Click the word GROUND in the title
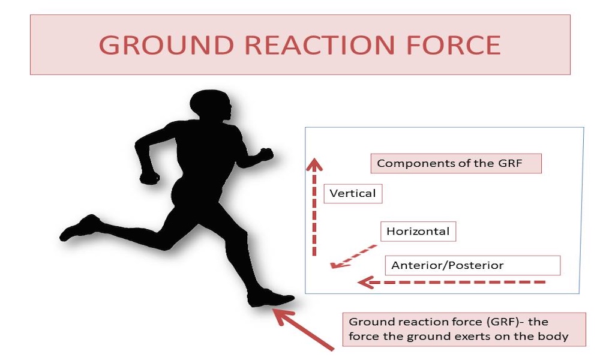166,45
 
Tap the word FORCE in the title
454,45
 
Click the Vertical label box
353,194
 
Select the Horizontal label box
418,232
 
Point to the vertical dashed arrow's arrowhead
314,164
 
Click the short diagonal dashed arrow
354,256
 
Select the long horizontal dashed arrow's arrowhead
365,283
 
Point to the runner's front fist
266,154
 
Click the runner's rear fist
149,178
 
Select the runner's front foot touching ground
271,298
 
